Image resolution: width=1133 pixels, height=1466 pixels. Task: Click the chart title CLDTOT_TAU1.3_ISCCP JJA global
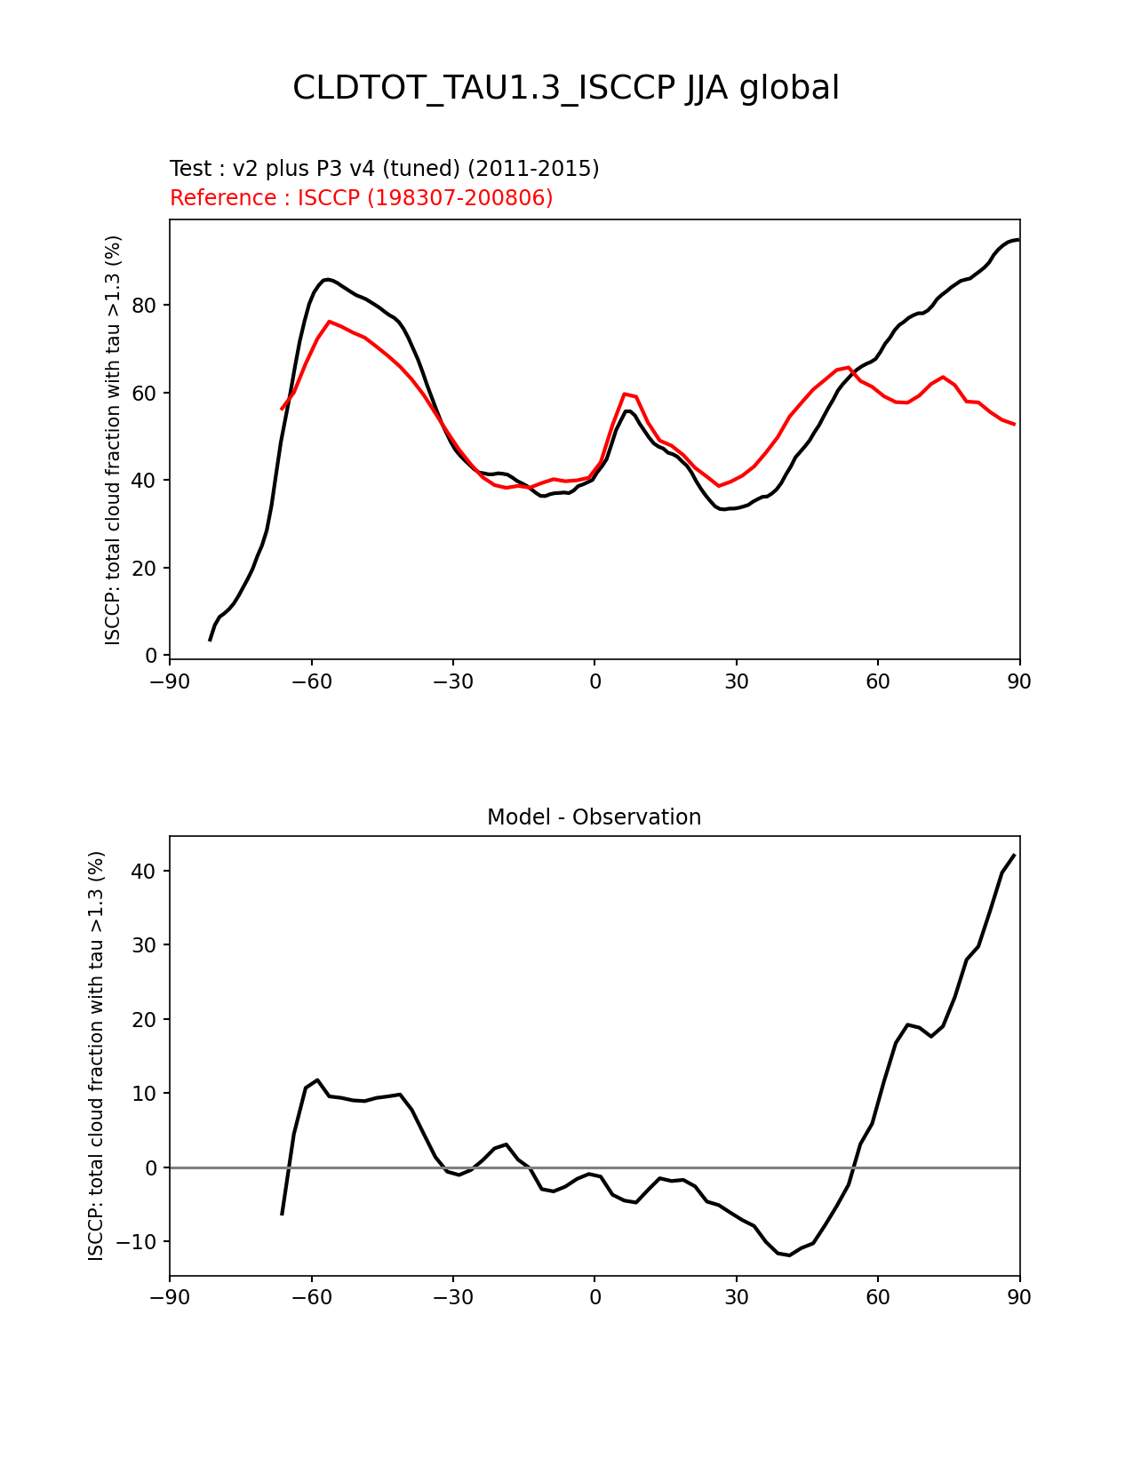tap(566, 88)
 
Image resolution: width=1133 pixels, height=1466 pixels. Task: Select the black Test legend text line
tap(384, 169)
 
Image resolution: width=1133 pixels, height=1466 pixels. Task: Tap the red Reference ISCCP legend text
tap(361, 198)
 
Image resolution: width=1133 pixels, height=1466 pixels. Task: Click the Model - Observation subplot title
tap(594, 817)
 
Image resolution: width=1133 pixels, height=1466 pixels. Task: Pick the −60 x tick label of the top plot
tap(311, 681)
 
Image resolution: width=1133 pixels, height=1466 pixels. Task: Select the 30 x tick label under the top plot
tap(736, 681)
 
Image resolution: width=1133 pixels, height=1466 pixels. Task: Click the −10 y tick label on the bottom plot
tap(140, 1242)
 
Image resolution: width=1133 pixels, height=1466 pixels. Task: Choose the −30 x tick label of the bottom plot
tap(452, 1298)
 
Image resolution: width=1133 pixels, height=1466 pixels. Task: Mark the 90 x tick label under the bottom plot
tap(1019, 1298)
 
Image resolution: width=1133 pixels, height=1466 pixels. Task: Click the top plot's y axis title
tap(113, 440)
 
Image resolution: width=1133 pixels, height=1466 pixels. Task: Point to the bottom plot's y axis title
tap(96, 1056)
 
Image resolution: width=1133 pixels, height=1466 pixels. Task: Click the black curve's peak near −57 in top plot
tap(328, 279)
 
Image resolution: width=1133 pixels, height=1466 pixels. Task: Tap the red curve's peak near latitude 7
tap(625, 393)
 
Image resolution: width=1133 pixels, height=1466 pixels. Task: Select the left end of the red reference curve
tap(282, 409)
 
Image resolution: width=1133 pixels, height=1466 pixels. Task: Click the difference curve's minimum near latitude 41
tap(789, 1255)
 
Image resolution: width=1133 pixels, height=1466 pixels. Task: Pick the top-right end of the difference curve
tap(1014, 855)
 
